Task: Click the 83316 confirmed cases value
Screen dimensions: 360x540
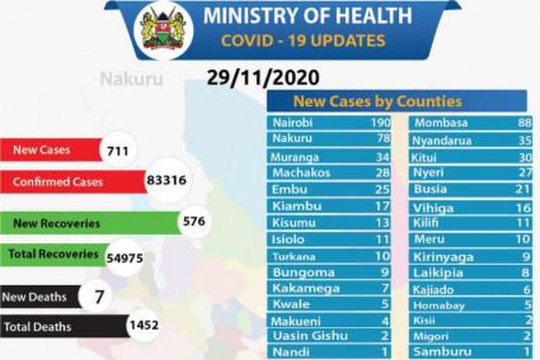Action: click(167, 181)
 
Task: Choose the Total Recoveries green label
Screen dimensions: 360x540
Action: click(53, 254)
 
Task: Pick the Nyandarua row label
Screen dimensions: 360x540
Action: click(442, 140)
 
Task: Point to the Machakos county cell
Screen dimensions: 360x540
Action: click(301, 173)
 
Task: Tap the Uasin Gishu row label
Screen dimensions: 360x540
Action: click(310, 335)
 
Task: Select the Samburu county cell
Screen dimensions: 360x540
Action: click(437, 352)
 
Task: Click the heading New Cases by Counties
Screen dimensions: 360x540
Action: click(377, 101)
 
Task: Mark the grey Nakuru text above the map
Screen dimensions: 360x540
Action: click(131, 78)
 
